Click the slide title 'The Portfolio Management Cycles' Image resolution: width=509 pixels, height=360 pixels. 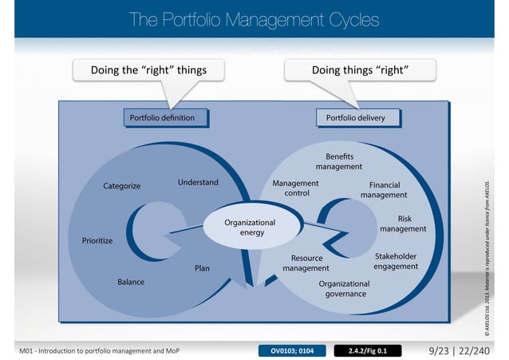coord(254,19)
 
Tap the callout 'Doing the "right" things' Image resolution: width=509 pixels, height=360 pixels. coord(148,70)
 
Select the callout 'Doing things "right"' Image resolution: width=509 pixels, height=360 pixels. coord(361,70)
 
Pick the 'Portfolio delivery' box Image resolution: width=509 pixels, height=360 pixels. coord(355,118)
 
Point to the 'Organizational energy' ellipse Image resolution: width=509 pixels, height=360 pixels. coord(249,227)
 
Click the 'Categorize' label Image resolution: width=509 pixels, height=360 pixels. coord(122,186)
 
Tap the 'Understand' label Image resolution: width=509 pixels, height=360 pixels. coord(198,183)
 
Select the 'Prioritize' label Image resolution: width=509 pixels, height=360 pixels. coord(97,240)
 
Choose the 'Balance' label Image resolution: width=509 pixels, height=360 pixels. coord(131,282)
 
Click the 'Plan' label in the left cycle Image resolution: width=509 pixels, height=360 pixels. coord(203,268)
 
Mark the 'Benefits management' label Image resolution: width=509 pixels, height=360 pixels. coord(339,161)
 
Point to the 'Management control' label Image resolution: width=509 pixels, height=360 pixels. coord(296,188)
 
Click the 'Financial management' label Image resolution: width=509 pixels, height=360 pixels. coord(384,190)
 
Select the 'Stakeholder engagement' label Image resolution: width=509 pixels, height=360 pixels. coord(396,261)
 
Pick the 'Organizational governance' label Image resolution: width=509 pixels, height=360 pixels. coord(345,288)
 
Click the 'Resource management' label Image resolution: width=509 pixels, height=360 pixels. coord(306,263)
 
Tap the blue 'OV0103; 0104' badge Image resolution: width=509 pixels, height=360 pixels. coord(293,350)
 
